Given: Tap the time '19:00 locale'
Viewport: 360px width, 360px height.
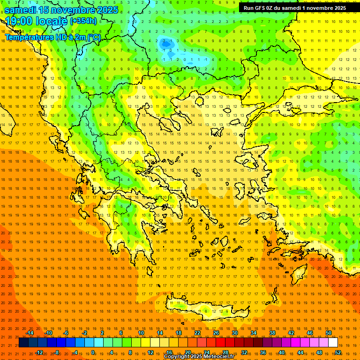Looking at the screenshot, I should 37,21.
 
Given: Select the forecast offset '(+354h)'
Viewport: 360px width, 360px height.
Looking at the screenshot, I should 83,21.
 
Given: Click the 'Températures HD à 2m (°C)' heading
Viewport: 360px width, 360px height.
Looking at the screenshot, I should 52,37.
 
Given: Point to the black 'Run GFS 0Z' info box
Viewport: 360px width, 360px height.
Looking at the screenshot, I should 295,7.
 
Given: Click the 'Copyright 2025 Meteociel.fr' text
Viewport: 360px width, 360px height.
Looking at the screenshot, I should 199,356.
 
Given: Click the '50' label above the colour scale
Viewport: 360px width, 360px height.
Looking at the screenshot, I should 329,333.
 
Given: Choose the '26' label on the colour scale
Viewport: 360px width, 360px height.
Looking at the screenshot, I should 216,333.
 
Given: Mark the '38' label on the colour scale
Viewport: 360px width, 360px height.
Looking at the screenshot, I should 272,333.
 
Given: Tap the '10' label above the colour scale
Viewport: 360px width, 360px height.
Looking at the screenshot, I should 141,333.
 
